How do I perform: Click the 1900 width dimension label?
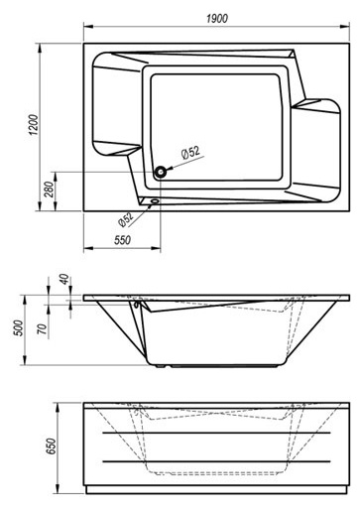tap(217, 18)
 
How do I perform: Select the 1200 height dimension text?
tap(34, 125)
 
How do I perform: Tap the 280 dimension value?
tap(49, 190)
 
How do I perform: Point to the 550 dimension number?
tap(123, 240)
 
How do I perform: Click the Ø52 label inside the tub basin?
tap(190, 153)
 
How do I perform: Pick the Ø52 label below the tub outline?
tap(126, 219)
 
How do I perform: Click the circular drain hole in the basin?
tap(161, 172)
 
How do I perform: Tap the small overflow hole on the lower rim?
tap(155, 200)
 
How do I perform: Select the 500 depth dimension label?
tap(20, 328)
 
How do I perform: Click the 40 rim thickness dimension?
tap(65, 279)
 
